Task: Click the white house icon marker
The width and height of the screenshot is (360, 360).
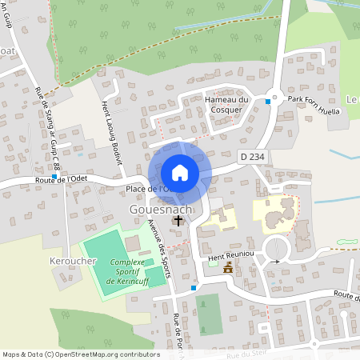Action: point(180,172)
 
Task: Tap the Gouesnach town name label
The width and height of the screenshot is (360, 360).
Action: point(160,209)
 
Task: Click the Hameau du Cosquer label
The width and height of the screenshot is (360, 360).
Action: point(227,104)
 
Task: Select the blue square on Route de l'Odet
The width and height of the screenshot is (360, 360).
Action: point(54,176)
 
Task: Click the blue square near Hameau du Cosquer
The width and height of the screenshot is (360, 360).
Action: point(274,100)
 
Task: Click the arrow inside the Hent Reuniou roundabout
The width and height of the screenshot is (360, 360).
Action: point(277,261)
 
